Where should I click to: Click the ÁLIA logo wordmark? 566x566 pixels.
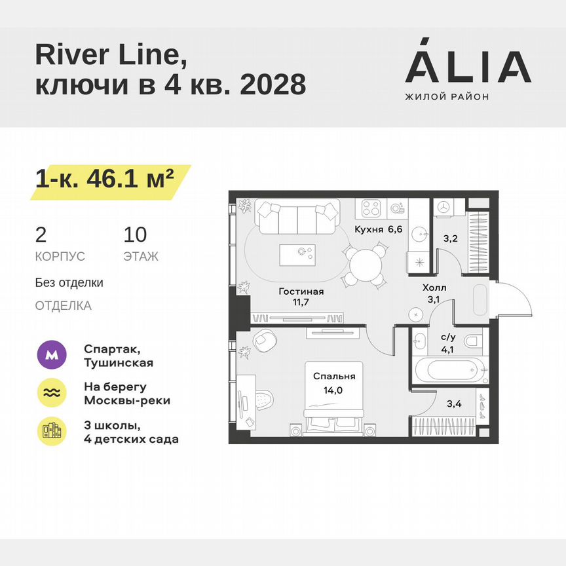pyautogui.click(x=468, y=67)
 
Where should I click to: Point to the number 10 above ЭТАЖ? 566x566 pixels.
pyautogui.click(x=135, y=235)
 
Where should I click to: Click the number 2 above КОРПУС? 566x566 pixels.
pyautogui.click(x=41, y=235)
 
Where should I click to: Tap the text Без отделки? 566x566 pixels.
pyautogui.click(x=69, y=283)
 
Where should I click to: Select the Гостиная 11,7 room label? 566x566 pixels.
pyautogui.click(x=301, y=297)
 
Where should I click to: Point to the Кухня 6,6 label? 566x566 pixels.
pyautogui.click(x=378, y=229)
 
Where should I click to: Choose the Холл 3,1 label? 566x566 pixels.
pyautogui.click(x=434, y=293)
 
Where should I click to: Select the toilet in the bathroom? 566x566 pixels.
pyautogui.click(x=472, y=341)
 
